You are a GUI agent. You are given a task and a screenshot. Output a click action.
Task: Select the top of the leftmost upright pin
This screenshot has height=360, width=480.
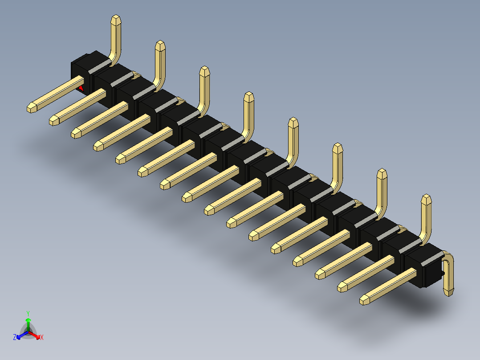click(x=115, y=20)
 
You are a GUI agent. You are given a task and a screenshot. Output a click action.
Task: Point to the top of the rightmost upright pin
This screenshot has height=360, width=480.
click(x=427, y=199)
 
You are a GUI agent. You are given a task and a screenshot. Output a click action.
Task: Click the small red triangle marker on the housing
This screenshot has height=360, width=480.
click(x=81, y=88)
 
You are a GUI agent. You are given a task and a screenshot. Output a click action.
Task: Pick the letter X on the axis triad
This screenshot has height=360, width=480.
click(x=42, y=338)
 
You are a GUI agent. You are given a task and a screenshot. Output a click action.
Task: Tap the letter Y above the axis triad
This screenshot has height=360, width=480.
click(x=28, y=313)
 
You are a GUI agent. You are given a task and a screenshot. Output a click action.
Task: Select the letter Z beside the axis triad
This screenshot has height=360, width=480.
click(x=15, y=338)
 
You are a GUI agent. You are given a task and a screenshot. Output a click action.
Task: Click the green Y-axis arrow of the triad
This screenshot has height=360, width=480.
click(x=28, y=323)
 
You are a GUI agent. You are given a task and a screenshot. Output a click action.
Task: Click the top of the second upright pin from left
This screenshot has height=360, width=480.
click(x=160, y=45)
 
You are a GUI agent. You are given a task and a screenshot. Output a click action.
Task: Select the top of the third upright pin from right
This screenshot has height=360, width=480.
click(x=338, y=147)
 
